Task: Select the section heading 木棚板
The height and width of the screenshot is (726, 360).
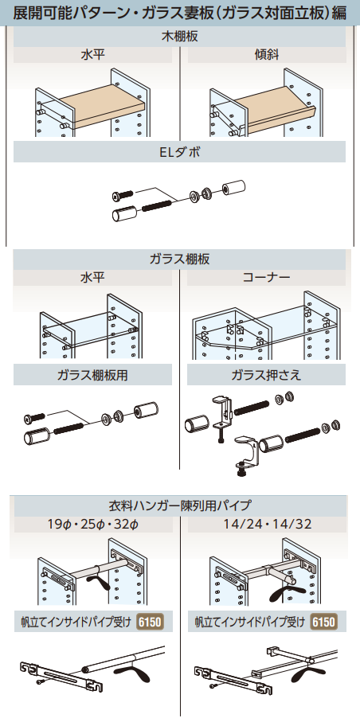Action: point(180,37)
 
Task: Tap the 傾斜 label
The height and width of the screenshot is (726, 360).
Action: point(264,57)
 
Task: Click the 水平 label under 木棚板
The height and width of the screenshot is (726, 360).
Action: point(93,57)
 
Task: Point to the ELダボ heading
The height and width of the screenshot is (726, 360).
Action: point(180,152)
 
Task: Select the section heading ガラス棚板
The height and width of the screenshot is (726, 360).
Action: point(180,260)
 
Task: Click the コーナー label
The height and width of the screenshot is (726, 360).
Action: point(265,279)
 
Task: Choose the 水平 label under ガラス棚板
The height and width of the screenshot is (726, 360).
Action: point(93,279)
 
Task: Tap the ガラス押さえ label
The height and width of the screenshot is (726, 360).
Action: point(266,375)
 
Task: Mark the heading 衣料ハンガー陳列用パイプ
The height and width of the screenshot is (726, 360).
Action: point(180,505)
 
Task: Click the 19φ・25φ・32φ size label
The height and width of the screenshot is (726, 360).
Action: point(93,524)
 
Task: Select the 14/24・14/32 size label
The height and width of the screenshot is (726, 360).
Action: point(266,524)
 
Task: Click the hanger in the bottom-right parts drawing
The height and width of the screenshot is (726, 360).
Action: point(307,674)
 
